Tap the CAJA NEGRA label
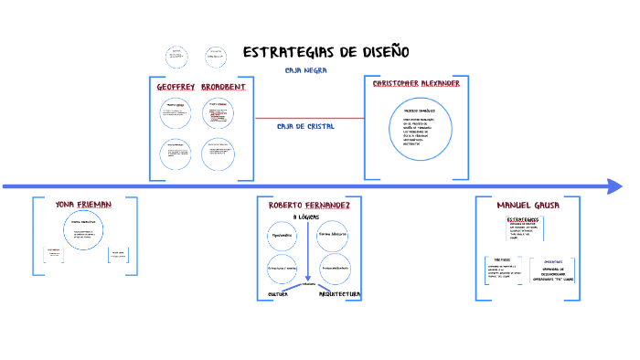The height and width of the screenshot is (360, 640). point(306,69)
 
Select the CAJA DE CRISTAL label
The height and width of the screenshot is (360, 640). point(305,126)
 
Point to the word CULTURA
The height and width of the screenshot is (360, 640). point(278,294)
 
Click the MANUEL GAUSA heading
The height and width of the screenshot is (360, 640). point(527,205)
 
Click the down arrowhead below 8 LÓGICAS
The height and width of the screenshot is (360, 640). point(308,278)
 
